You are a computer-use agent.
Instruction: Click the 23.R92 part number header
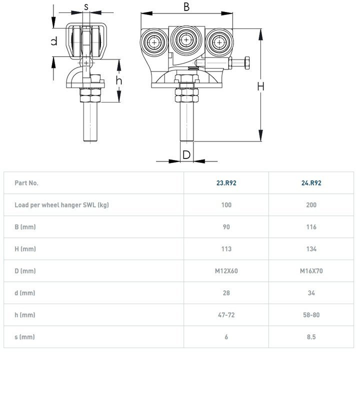click(226, 183)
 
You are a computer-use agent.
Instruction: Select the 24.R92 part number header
click(311, 183)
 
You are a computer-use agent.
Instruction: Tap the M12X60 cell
click(226, 271)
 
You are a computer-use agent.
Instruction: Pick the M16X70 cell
click(311, 271)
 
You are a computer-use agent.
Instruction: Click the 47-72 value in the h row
click(226, 315)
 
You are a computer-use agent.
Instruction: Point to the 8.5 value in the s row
click(311, 337)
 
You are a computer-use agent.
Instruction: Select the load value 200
click(311, 205)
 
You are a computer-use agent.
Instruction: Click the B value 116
click(311, 227)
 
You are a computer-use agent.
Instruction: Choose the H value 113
click(226, 249)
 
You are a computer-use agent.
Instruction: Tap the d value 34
click(311, 293)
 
